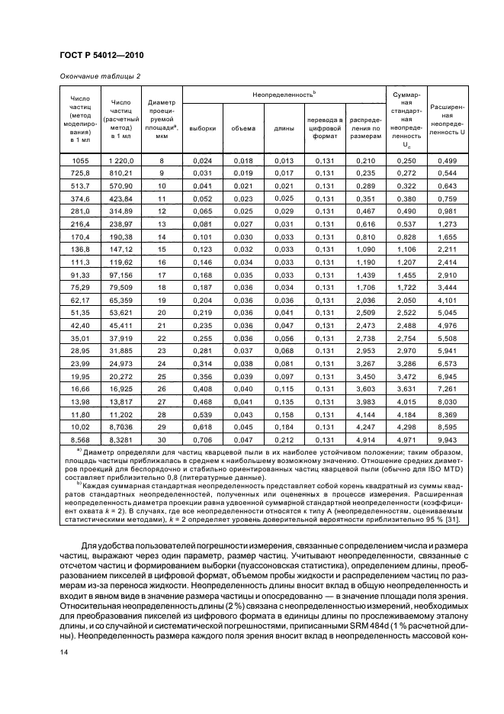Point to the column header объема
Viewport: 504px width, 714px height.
click(x=243, y=128)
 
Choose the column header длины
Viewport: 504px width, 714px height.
click(x=284, y=128)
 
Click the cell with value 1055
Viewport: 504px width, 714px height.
click(x=80, y=160)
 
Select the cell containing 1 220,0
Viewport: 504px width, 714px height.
click(x=121, y=160)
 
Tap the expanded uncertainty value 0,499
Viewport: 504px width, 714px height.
click(x=448, y=160)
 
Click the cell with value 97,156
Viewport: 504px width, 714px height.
click(x=121, y=273)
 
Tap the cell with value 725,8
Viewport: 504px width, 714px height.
click(x=80, y=173)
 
